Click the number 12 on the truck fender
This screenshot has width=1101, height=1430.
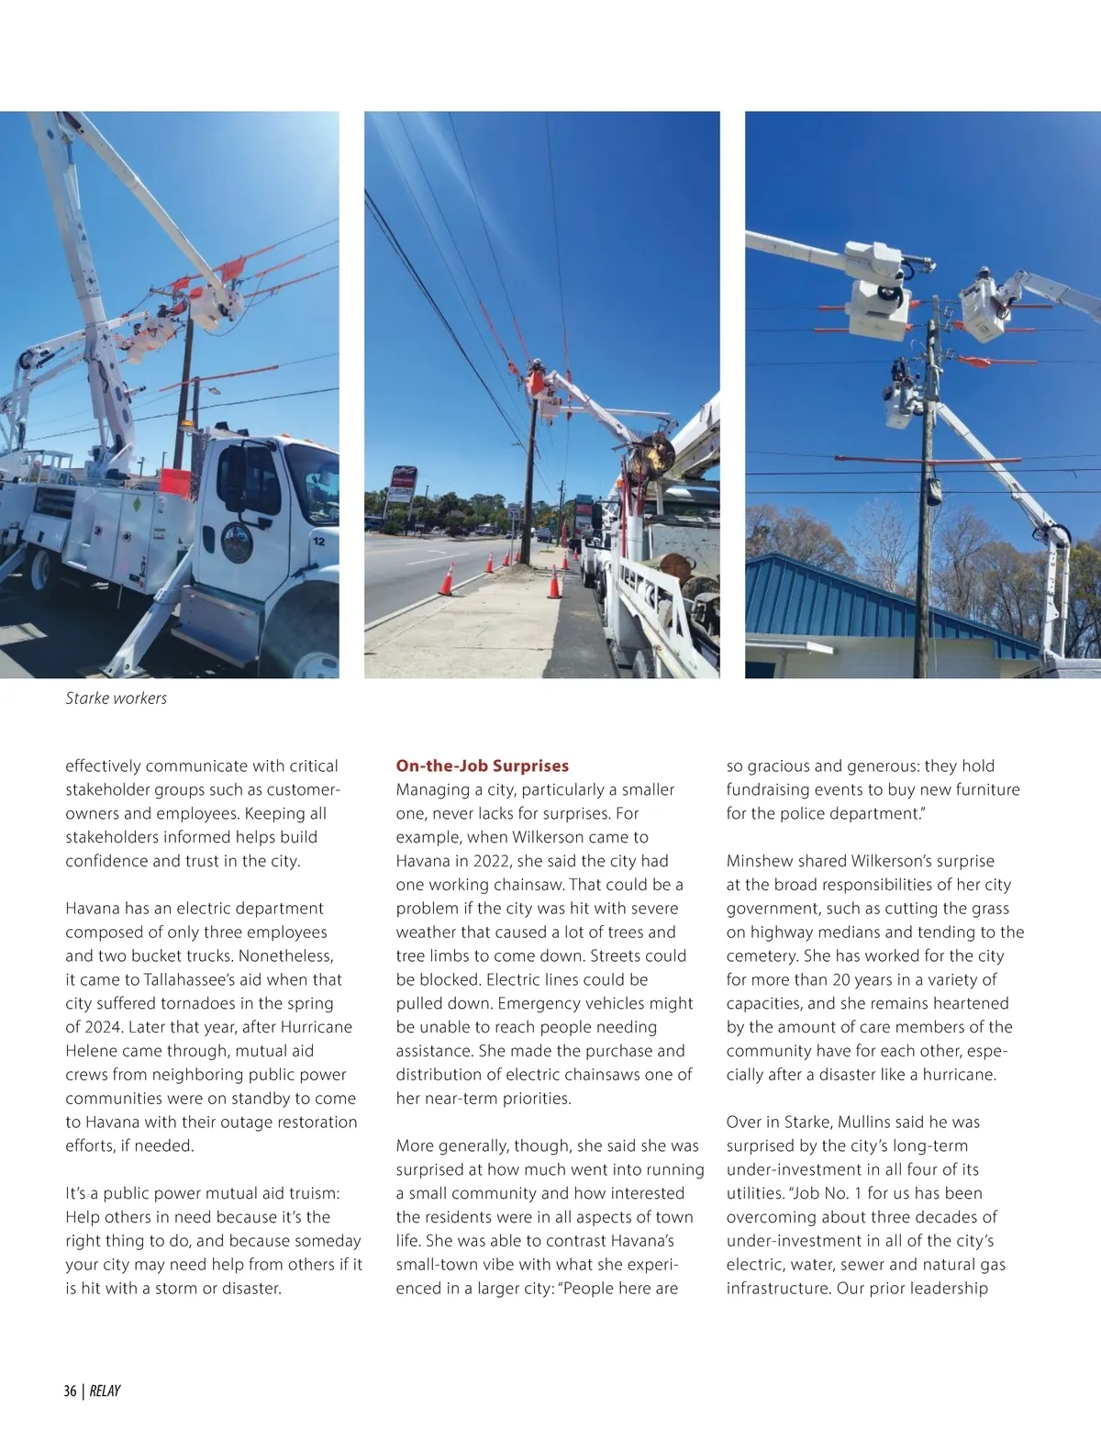(x=318, y=542)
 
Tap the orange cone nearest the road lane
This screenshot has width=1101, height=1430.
(x=448, y=578)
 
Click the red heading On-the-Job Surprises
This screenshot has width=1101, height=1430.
(x=482, y=765)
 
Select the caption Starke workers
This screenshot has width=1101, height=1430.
(x=116, y=698)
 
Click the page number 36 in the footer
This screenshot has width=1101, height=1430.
(x=70, y=1391)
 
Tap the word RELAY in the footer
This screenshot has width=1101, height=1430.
(x=106, y=1391)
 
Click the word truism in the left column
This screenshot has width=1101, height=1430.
(x=309, y=1193)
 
